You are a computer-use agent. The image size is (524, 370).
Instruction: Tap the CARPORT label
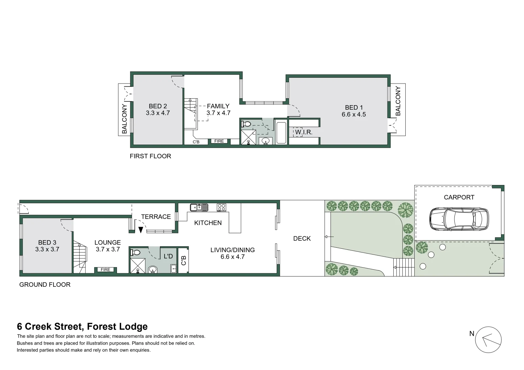[x=459, y=197]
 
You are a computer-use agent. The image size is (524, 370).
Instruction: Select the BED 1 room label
[x=354, y=108]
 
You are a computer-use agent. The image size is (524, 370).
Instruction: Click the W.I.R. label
[x=303, y=132]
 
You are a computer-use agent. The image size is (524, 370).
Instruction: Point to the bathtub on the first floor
[x=281, y=133]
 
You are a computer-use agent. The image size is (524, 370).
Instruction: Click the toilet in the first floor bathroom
[x=246, y=124]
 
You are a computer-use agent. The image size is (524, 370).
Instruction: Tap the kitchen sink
[x=199, y=207]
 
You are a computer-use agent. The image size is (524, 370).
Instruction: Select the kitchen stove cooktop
[x=222, y=207]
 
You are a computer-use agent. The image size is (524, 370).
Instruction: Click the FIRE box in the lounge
[x=105, y=270]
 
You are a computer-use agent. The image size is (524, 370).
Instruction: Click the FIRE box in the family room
[x=219, y=141]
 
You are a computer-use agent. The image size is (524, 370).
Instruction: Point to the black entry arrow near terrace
[x=141, y=230]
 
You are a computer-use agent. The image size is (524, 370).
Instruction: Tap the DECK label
[x=302, y=238]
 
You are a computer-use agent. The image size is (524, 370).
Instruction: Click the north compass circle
[x=488, y=340]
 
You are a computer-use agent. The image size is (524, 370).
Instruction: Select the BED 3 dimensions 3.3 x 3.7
[x=47, y=249]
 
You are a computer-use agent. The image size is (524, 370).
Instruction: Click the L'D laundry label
[x=168, y=256]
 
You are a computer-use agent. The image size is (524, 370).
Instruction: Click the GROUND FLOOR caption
[x=45, y=285]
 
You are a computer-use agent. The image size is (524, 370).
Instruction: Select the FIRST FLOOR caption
[x=150, y=156]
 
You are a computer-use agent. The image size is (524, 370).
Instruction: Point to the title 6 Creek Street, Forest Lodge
[x=82, y=326]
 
